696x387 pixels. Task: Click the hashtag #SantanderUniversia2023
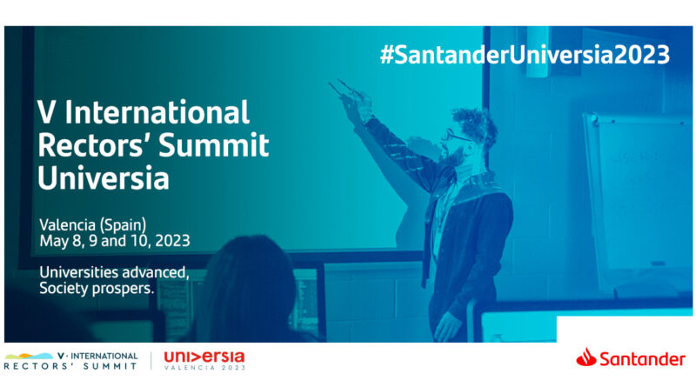click(x=525, y=55)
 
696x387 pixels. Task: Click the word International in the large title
click(x=157, y=112)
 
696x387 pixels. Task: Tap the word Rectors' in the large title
click(x=95, y=145)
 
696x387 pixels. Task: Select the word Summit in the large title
click(x=213, y=145)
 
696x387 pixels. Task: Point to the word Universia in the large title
click(x=104, y=178)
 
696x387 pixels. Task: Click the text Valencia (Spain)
click(x=93, y=225)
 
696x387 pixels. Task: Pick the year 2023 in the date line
click(x=172, y=241)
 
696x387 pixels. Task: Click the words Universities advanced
click(x=115, y=272)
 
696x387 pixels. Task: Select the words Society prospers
click(x=97, y=289)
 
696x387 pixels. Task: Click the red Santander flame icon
click(x=586, y=357)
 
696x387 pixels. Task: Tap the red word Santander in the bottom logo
click(x=642, y=359)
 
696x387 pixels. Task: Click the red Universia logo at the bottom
click(x=204, y=357)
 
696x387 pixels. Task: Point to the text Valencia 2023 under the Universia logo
click(x=204, y=368)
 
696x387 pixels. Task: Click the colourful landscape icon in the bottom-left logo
click(x=29, y=356)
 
